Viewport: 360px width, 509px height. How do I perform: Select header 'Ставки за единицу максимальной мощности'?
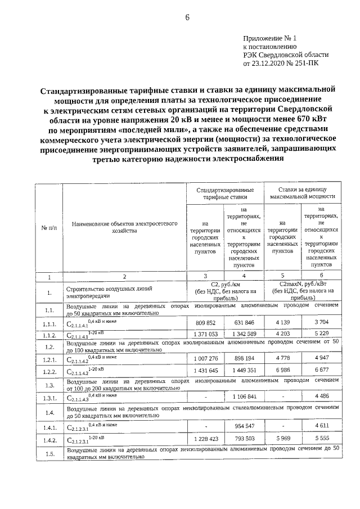(302, 194)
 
